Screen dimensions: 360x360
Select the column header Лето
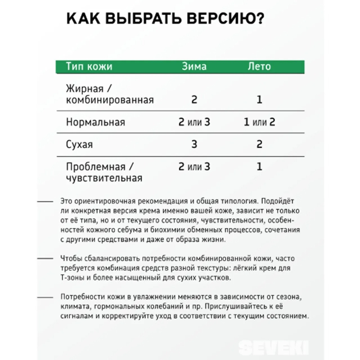tap(259, 67)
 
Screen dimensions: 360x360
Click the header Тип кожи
tap(89, 67)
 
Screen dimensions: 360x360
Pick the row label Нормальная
tap(95, 122)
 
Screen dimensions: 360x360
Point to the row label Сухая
tap(79, 145)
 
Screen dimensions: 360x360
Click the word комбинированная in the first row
tap(110, 100)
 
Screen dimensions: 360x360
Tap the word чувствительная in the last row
tap(104, 178)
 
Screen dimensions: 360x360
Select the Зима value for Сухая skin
tap(194, 145)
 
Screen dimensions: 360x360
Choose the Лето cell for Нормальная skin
tap(259, 122)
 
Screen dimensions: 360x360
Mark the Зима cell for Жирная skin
tap(194, 100)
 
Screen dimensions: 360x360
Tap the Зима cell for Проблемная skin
tap(194, 167)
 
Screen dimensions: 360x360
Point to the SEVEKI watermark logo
tap(273, 347)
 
